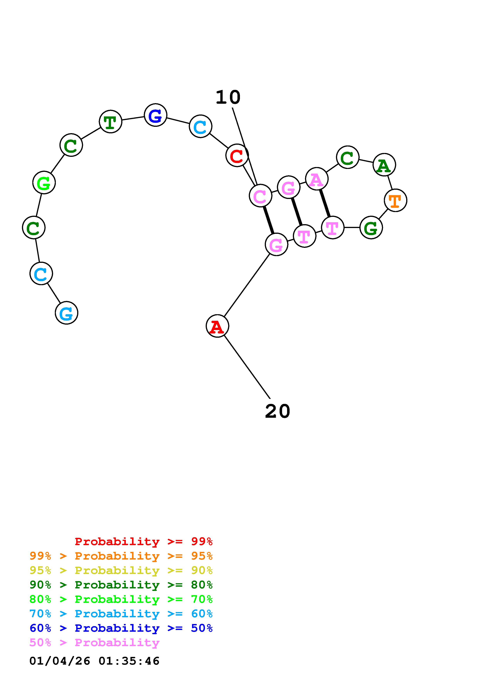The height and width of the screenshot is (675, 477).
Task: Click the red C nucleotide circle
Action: [x=237, y=155]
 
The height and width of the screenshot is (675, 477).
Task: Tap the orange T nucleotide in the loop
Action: [x=395, y=200]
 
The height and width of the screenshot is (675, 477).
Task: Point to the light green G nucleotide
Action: [x=44, y=183]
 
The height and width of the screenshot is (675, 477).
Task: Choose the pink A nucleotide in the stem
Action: [x=317, y=179]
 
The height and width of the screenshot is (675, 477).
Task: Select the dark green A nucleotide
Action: [x=384, y=165]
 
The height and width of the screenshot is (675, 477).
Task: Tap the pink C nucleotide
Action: [x=260, y=196]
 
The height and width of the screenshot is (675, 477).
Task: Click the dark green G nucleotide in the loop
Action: [x=371, y=228]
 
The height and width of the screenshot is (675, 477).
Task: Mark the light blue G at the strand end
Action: [x=66, y=313]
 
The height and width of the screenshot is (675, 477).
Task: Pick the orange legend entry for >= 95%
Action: [x=121, y=556]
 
